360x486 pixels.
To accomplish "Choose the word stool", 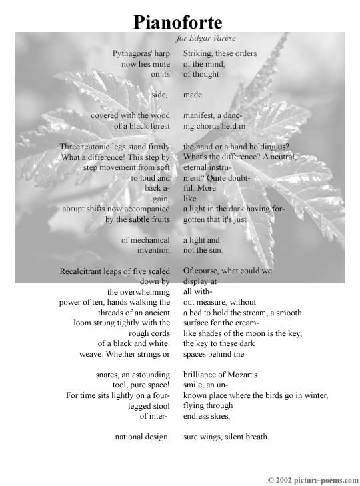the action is click(157, 406).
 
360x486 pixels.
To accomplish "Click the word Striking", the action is click(199, 53).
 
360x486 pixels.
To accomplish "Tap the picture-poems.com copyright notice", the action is click(313, 479).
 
